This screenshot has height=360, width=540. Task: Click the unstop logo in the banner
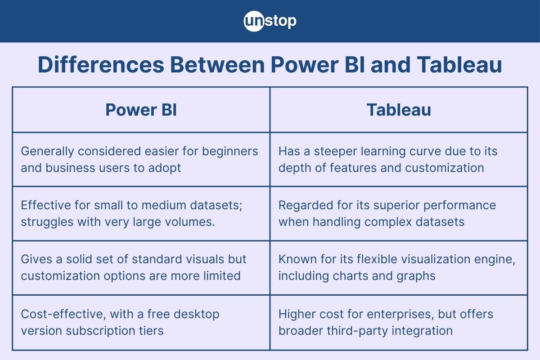270,21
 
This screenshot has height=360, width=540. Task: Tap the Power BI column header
141,110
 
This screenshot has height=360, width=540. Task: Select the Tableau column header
399,110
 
